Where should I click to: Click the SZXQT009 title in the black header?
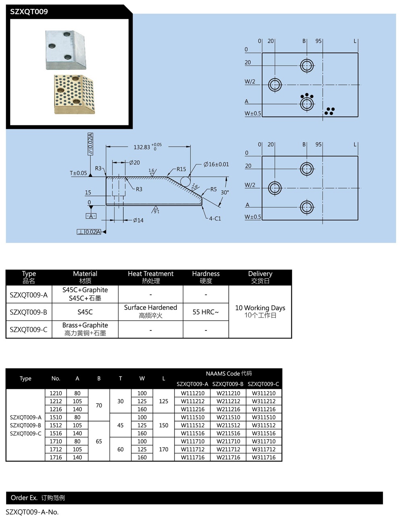[29, 12]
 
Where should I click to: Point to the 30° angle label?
[224, 193]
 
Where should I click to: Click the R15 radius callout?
[181, 169]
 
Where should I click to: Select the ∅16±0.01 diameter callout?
[216, 164]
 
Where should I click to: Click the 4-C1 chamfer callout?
[214, 219]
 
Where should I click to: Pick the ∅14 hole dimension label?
[138, 220]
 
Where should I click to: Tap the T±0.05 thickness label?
[78, 173]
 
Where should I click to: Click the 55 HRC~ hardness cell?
[206, 312]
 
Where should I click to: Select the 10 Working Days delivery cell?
[260, 311]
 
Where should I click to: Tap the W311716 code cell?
[264, 457]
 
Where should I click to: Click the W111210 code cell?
[193, 393]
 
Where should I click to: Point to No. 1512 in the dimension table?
[56, 426]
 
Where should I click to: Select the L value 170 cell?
[164, 449]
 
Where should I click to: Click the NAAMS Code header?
[229, 374]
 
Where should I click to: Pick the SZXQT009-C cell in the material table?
[29, 329]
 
